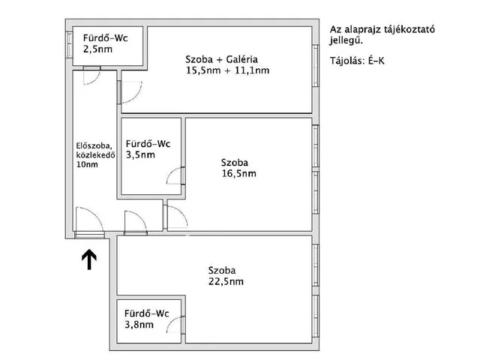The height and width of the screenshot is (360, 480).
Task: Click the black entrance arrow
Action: (88, 259)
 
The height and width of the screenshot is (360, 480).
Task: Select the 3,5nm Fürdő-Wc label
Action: (148, 149)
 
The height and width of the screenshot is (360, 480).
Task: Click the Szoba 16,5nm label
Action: (238, 167)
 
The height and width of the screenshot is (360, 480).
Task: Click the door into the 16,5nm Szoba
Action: (177, 218)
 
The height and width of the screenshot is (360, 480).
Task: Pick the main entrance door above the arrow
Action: (88, 223)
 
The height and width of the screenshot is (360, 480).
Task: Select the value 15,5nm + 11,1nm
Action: (227, 71)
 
